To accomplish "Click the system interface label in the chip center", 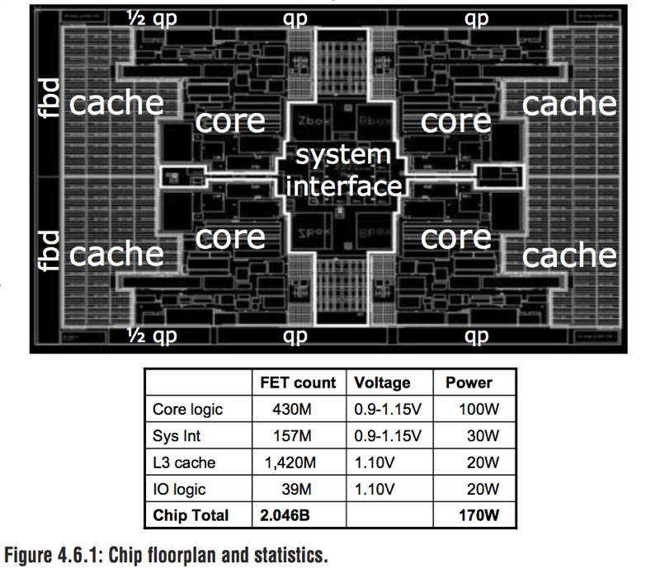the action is click(x=343, y=171).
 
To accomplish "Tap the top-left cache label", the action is click(x=116, y=103).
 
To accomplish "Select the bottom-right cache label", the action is click(x=569, y=255).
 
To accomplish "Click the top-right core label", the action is click(x=455, y=122).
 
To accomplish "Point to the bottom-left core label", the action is click(x=231, y=237).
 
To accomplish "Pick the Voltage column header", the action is click(x=382, y=383).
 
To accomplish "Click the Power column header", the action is click(x=469, y=383).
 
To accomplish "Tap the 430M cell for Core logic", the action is click(x=294, y=409).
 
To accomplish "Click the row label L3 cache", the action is click(x=185, y=462).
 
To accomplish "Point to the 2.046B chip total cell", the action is click(x=287, y=515).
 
